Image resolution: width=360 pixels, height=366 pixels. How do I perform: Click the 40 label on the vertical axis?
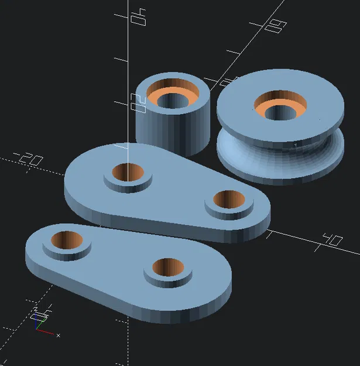pos(138,16)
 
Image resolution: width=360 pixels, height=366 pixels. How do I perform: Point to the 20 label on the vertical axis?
pos(139,104)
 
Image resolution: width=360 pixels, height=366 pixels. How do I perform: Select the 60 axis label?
pos(274,26)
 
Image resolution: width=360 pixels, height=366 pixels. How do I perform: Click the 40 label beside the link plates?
pos(331,240)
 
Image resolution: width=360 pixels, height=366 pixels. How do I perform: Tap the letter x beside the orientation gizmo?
pos(59,335)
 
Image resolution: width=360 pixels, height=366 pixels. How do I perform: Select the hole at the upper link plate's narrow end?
pos(228,200)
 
